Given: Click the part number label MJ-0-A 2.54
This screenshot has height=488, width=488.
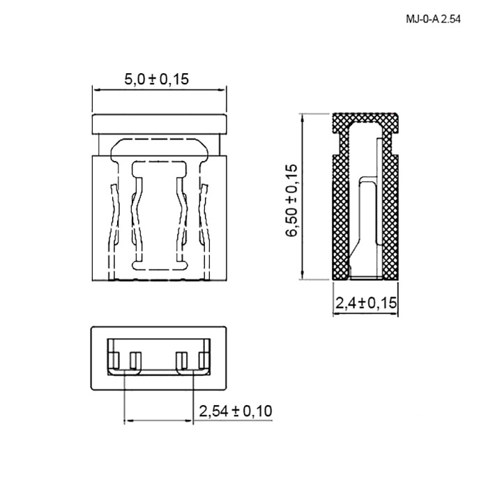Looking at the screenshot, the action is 433,20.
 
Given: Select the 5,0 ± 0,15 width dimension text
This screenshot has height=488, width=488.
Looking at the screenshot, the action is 157,79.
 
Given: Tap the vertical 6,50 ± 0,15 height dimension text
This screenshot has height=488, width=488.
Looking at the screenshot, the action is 291,201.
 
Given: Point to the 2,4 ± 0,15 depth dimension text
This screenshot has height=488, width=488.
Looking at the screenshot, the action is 366,303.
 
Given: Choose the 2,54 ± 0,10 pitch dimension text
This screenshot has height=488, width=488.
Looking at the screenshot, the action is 236,411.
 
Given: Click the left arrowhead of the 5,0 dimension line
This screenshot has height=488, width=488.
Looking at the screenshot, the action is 96,90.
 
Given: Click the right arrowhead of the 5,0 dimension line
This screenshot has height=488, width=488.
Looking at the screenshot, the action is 222,90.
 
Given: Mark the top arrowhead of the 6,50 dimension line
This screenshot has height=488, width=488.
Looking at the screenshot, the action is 302,117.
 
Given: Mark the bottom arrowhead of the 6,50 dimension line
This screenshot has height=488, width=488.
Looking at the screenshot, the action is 302,275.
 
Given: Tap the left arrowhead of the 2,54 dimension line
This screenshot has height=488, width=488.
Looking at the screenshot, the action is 128,421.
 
